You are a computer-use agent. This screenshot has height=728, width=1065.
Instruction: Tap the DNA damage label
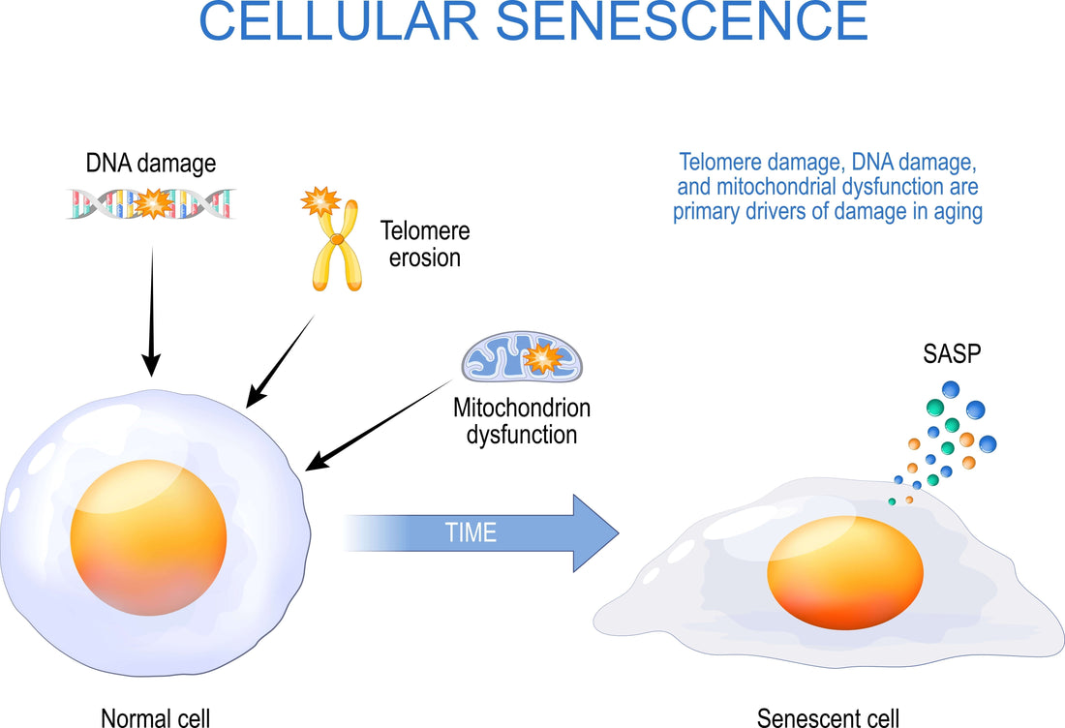151,165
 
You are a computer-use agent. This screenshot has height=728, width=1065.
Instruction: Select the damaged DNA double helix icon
151,203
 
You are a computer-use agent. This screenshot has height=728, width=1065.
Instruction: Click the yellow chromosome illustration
336,249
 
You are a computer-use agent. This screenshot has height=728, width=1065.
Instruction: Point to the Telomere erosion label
424,245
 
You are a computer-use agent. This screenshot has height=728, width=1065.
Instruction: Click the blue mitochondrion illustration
522,356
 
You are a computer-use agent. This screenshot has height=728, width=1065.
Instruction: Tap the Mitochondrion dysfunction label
522,421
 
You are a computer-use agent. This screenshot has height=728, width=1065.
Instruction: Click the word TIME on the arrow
472,532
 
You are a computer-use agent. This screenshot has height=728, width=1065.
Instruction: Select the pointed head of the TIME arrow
594,532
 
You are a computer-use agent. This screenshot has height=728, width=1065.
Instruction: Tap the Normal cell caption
155,717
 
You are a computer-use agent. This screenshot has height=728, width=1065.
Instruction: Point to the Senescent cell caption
828,717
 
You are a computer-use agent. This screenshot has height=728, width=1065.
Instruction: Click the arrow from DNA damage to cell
151,310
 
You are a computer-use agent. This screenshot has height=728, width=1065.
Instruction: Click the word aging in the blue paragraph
956,212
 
